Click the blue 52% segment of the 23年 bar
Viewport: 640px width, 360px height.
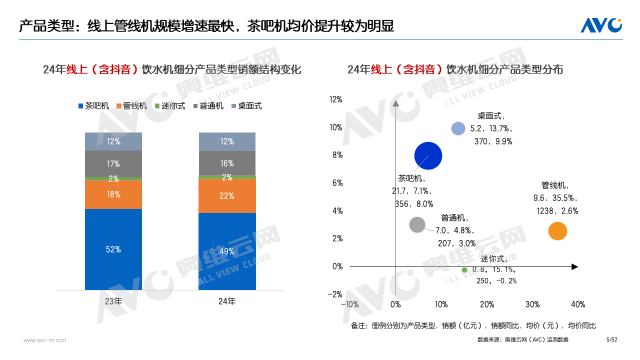point(113,248)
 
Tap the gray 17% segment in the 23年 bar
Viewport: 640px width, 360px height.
point(113,163)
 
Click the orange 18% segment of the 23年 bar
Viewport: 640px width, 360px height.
point(113,195)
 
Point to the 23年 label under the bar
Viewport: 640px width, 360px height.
point(113,300)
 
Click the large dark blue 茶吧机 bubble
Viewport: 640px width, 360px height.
point(428,155)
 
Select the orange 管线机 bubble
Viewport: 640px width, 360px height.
point(558,231)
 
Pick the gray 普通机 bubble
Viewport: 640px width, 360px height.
point(417,224)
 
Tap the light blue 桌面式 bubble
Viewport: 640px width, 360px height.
point(458,128)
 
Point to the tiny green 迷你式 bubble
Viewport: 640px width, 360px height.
point(463,270)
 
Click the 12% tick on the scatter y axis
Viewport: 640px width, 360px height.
point(336,99)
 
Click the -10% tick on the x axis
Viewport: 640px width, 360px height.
point(350,303)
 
